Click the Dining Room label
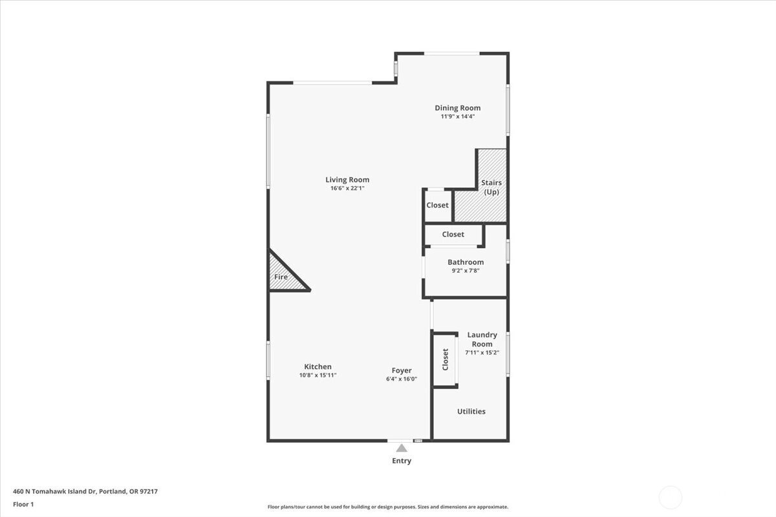pos(458,108)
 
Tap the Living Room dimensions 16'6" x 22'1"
pos(347,188)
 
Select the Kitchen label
pos(318,366)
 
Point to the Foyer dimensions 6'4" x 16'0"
pos(402,379)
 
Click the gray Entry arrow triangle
pos(402,448)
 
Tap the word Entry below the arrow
pos(402,461)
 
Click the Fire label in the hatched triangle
pos(281,277)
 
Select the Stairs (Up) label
pos(491,187)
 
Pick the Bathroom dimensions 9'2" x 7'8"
pos(465,271)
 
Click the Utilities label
pos(471,412)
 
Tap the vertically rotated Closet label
pos(445,359)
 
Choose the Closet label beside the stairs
pos(437,205)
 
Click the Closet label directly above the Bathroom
pos(453,235)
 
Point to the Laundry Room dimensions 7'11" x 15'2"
pos(482,353)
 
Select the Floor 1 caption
pos(23,504)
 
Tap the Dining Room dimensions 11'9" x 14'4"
pos(458,117)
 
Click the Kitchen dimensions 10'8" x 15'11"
pos(318,375)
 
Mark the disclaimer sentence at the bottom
pos(387,507)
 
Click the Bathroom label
pos(466,262)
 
